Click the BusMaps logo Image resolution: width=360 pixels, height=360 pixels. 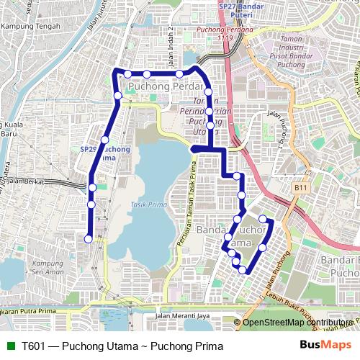point(320,346)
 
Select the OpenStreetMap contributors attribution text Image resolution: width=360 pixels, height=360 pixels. point(298,323)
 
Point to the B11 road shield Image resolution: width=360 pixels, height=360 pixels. point(300,187)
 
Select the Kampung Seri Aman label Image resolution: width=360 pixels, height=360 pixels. point(48,267)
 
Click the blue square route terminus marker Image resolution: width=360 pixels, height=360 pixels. point(89,239)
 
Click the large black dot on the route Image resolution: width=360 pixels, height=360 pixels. point(194,149)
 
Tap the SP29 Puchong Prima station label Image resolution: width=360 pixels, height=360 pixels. point(97,153)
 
